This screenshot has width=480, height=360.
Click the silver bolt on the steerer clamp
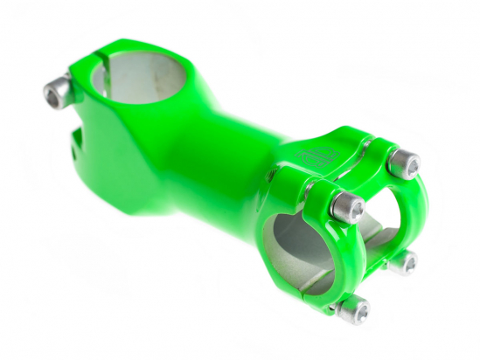point(59,91)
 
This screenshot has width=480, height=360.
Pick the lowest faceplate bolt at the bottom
point(353,308)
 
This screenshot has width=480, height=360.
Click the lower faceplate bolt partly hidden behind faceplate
point(402,262)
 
